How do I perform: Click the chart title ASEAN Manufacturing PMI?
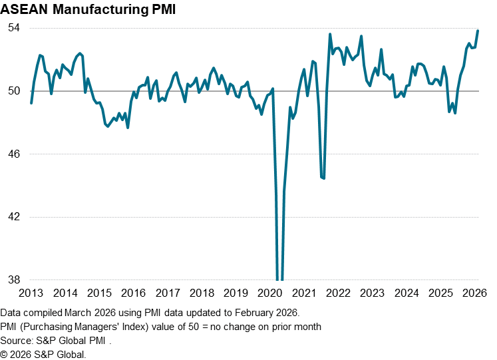[x=84, y=11]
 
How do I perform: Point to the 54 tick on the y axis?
[x=14, y=28]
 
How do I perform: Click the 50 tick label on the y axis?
[x=14, y=91]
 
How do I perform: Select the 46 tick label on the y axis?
[x=14, y=154]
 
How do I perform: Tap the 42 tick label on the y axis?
[x=14, y=217]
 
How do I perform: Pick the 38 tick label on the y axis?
[x=14, y=280]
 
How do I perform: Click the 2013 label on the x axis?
[x=31, y=293]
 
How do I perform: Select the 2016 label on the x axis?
[x=134, y=293]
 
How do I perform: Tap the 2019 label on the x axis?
[x=236, y=293]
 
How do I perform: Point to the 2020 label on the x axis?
[x=269, y=293]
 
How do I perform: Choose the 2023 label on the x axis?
[x=372, y=293]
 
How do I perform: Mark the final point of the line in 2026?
[x=478, y=31]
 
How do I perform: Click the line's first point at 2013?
[x=31, y=103]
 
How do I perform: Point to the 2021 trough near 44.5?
[x=323, y=178]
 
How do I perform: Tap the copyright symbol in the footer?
[x=5, y=355]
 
